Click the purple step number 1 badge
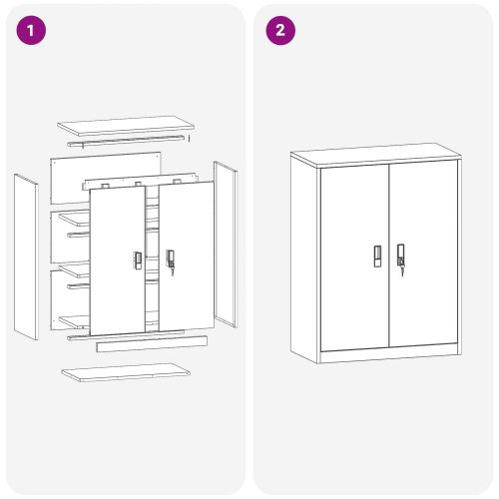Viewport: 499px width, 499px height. (x=31, y=30)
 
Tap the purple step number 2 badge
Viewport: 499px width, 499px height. (x=280, y=30)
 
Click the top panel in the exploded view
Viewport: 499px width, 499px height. (x=126, y=126)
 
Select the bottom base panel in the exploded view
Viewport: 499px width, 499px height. (x=126, y=372)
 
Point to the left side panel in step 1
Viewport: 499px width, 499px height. (x=26, y=256)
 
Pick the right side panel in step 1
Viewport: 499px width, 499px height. (x=226, y=245)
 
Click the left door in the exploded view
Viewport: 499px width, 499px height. (x=118, y=260)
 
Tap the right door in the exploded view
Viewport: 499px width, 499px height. (x=187, y=256)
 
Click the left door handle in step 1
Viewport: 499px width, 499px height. (x=137, y=260)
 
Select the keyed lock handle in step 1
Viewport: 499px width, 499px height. (x=171, y=261)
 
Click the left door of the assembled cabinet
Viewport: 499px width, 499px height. (x=355, y=257)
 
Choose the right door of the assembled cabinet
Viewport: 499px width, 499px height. (x=423, y=253)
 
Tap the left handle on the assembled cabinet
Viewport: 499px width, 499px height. (x=377, y=256)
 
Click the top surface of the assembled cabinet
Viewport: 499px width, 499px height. (x=376, y=154)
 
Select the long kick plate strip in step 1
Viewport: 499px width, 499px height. (x=152, y=343)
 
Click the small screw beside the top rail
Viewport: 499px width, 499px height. (x=189, y=139)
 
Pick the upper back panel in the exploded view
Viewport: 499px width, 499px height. (x=106, y=178)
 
